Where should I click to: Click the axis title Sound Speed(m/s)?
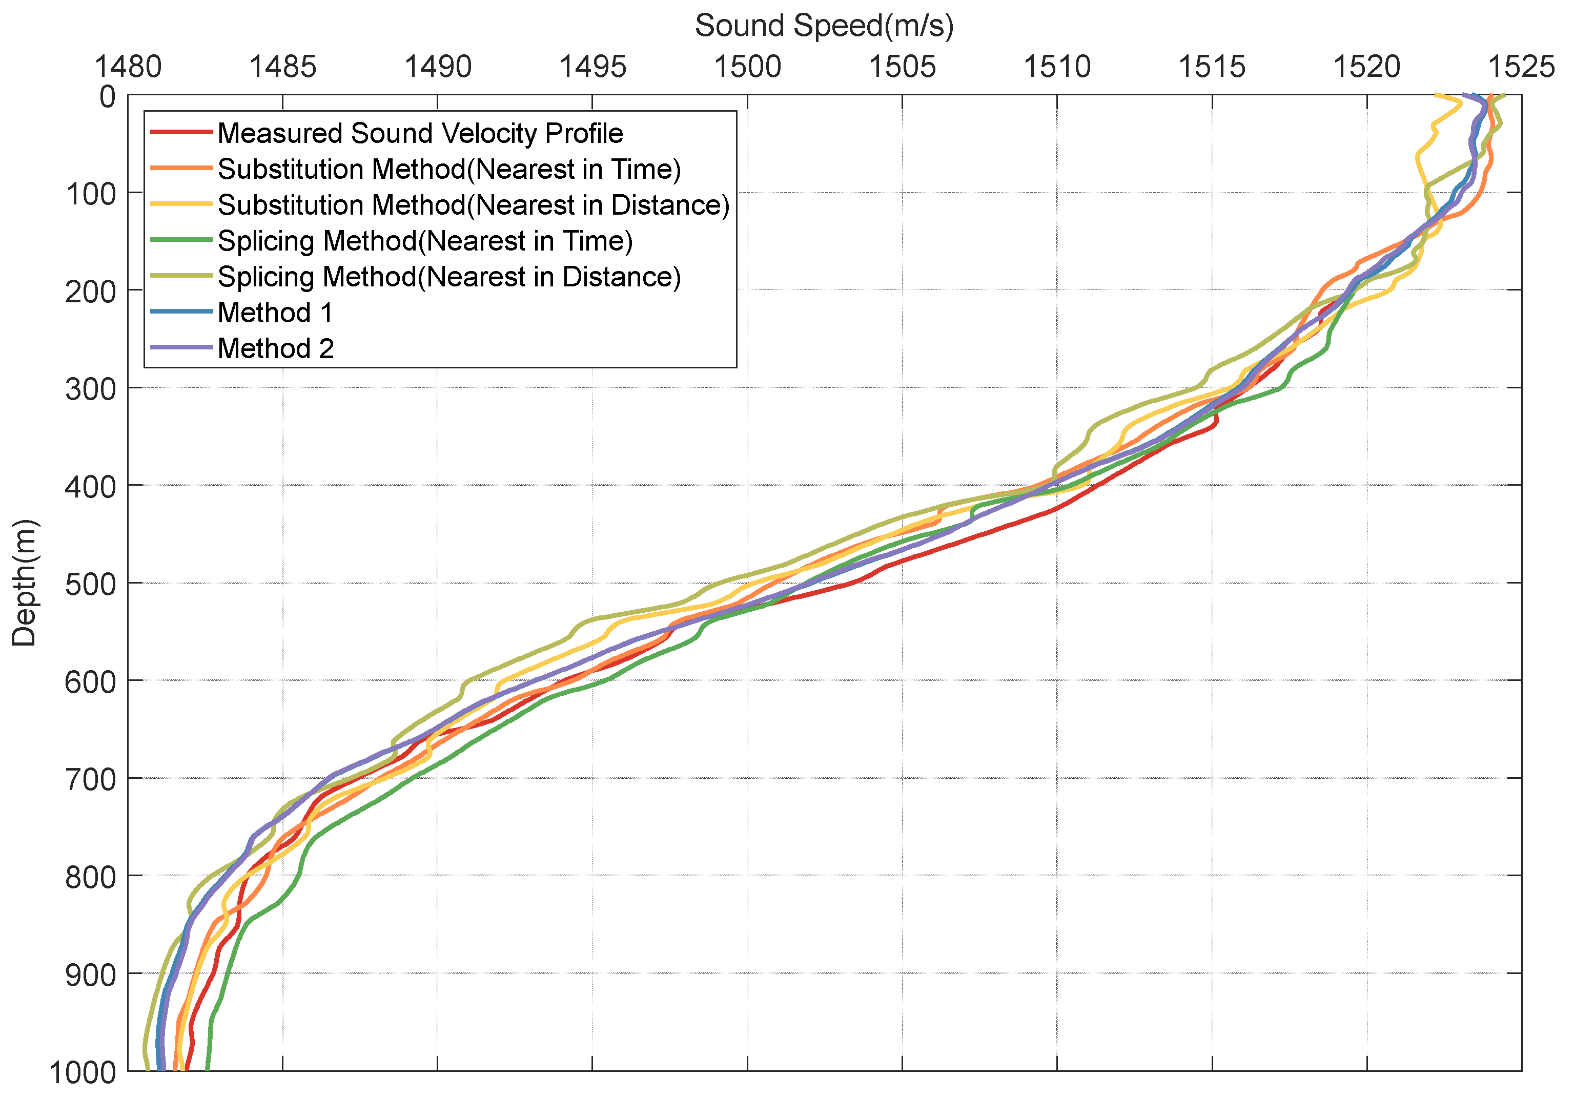pyautogui.click(x=824, y=26)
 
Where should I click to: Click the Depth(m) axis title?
pyautogui.click(x=25, y=583)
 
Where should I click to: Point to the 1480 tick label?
pyautogui.click(x=128, y=67)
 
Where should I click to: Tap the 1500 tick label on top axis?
pyautogui.click(x=747, y=67)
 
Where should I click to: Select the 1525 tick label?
pyautogui.click(x=1521, y=67)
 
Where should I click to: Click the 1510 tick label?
pyautogui.click(x=1056, y=67)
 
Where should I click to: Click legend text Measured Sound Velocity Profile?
pyautogui.click(x=420, y=133)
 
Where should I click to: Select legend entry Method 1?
pyautogui.click(x=275, y=313)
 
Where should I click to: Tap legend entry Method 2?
pyautogui.click(x=276, y=348)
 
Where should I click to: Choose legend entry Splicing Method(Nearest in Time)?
pyautogui.click(x=425, y=241)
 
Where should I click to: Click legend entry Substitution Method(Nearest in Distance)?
pyautogui.click(x=473, y=205)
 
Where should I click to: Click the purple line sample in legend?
pyautogui.click(x=181, y=347)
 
